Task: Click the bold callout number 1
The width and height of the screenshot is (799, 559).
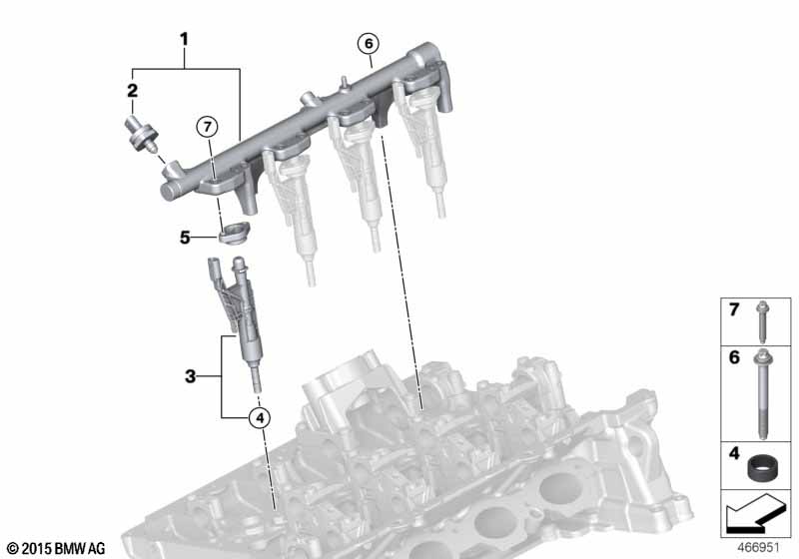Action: click(184, 39)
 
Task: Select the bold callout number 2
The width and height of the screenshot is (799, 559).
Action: click(132, 91)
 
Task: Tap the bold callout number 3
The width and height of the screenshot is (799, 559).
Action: click(190, 376)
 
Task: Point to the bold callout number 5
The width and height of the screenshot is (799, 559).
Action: click(185, 238)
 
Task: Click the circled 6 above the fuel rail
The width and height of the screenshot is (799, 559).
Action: click(369, 44)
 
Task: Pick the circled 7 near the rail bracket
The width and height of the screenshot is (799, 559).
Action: click(207, 127)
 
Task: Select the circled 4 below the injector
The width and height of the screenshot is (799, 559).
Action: click(260, 418)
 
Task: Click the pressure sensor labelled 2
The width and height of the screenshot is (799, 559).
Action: click(141, 135)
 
